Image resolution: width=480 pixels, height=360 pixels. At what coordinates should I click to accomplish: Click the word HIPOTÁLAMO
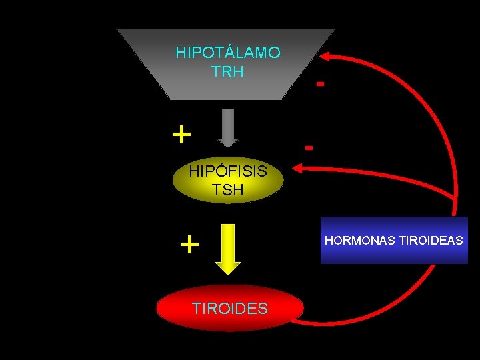[227, 52]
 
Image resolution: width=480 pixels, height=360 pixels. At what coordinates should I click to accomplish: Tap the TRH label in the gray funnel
[227, 71]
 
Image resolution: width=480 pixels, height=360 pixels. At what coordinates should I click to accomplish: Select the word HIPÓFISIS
[227, 171]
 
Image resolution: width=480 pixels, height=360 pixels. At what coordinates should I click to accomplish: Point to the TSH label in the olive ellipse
[227, 190]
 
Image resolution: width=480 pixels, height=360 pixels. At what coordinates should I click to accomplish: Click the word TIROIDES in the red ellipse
[229, 308]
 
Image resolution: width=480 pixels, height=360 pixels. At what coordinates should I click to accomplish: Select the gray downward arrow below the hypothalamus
[228, 127]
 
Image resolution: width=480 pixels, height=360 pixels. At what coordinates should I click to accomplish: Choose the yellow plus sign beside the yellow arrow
[189, 245]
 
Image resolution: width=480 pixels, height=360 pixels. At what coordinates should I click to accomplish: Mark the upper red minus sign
[321, 84]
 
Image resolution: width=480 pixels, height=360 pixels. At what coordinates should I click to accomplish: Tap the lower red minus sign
[309, 146]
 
